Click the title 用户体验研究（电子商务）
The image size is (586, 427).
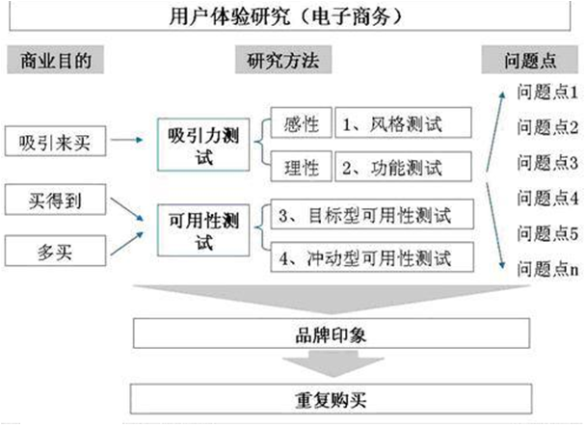pos(293,16)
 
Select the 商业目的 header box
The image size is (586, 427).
pos(55,61)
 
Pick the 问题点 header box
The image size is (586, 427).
pos(530,61)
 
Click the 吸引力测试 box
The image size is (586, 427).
pos(204,145)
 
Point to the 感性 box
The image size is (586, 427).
pos(300,123)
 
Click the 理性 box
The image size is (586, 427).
pos(300,168)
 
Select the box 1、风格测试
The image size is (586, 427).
pos(404,123)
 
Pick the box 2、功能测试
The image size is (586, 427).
pos(404,168)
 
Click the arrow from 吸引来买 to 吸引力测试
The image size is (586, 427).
pos(124,144)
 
